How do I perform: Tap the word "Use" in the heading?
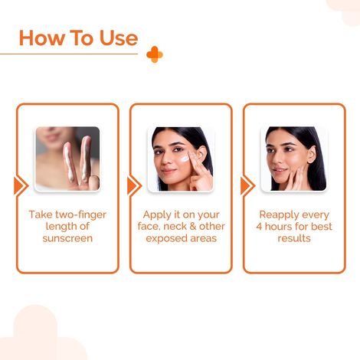pyautogui.click(x=116, y=38)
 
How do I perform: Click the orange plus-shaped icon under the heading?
pyautogui.click(x=155, y=54)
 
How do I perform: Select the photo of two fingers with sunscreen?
pyautogui.click(x=67, y=159)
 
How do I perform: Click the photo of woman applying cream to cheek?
pyautogui.click(x=181, y=159)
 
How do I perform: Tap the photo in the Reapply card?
pyautogui.click(x=294, y=159)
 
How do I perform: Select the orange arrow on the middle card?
pyautogui.click(x=133, y=185)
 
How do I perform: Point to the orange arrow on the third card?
pyautogui.click(x=247, y=185)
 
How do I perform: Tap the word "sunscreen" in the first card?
pyautogui.click(x=67, y=238)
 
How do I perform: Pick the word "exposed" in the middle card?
pyautogui.click(x=162, y=238)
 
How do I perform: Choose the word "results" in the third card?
pyautogui.click(x=294, y=238)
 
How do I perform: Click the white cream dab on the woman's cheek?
pyautogui.click(x=186, y=158)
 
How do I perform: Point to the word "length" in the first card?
pyautogui.click(x=53, y=227)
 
